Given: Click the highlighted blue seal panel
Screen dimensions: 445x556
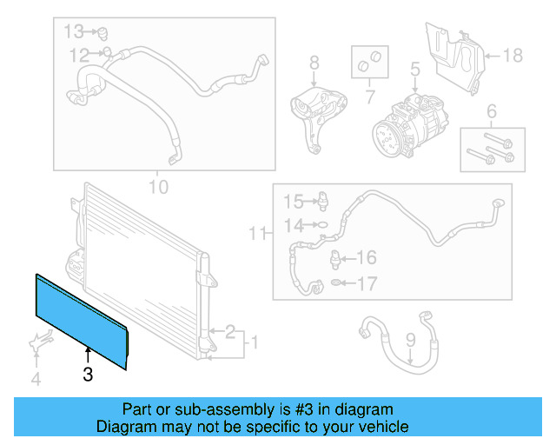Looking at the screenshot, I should click(83, 318).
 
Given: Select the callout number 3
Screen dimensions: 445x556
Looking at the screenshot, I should click(87, 375).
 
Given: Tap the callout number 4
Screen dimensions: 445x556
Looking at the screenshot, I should click(36, 379).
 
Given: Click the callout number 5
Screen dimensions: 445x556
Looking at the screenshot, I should click(415, 69).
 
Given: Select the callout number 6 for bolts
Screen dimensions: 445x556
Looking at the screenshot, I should click(492, 111).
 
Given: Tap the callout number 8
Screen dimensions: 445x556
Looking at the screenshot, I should click(314, 63).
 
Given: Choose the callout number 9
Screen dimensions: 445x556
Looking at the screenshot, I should click(411, 342).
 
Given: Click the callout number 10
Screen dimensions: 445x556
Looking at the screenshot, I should click(158, 186).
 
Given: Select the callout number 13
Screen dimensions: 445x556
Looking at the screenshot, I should click(74, 32).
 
